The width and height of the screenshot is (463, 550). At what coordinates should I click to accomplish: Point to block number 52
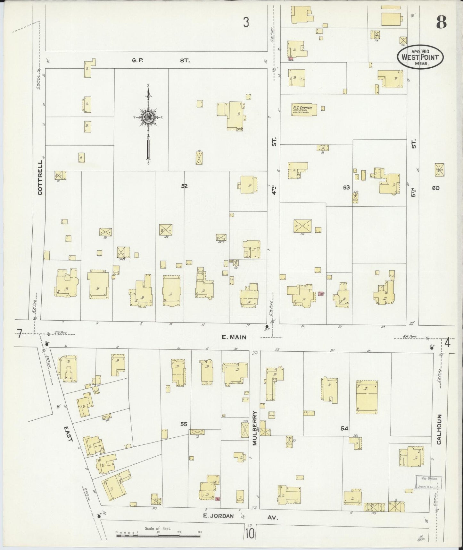point(184,186)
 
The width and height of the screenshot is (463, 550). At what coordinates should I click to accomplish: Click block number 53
point(346,187)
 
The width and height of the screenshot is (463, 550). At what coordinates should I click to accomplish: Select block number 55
point(184,424)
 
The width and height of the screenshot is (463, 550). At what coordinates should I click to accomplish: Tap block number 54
point(344,428)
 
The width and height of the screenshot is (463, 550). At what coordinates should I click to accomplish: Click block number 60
point(435,188)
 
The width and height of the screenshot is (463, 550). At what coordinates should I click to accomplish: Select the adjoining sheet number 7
point(19,334)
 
